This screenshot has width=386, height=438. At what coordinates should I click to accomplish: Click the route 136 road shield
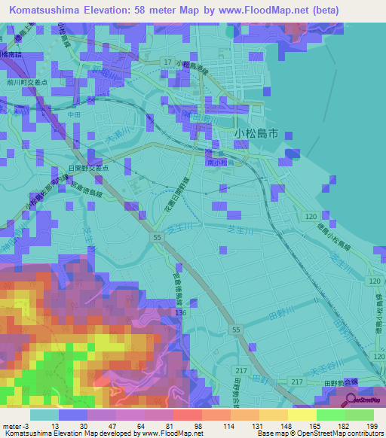[x=180, y=312]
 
